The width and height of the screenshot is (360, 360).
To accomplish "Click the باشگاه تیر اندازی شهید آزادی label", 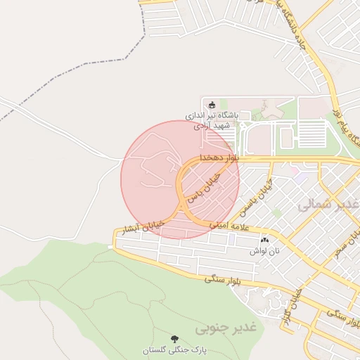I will tap(212, 119).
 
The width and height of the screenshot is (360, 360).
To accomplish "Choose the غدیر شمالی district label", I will tap(323, 205).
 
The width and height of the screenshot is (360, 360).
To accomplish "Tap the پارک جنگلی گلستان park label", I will tap(174, 349).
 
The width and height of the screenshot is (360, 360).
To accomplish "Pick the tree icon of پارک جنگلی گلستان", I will tap(174, 338).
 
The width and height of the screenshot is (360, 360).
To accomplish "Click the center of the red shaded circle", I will tap(180, 179).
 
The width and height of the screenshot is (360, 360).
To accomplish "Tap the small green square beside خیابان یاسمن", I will tap(276, 212).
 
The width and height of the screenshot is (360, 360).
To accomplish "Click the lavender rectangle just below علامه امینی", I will tap(231, 239).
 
